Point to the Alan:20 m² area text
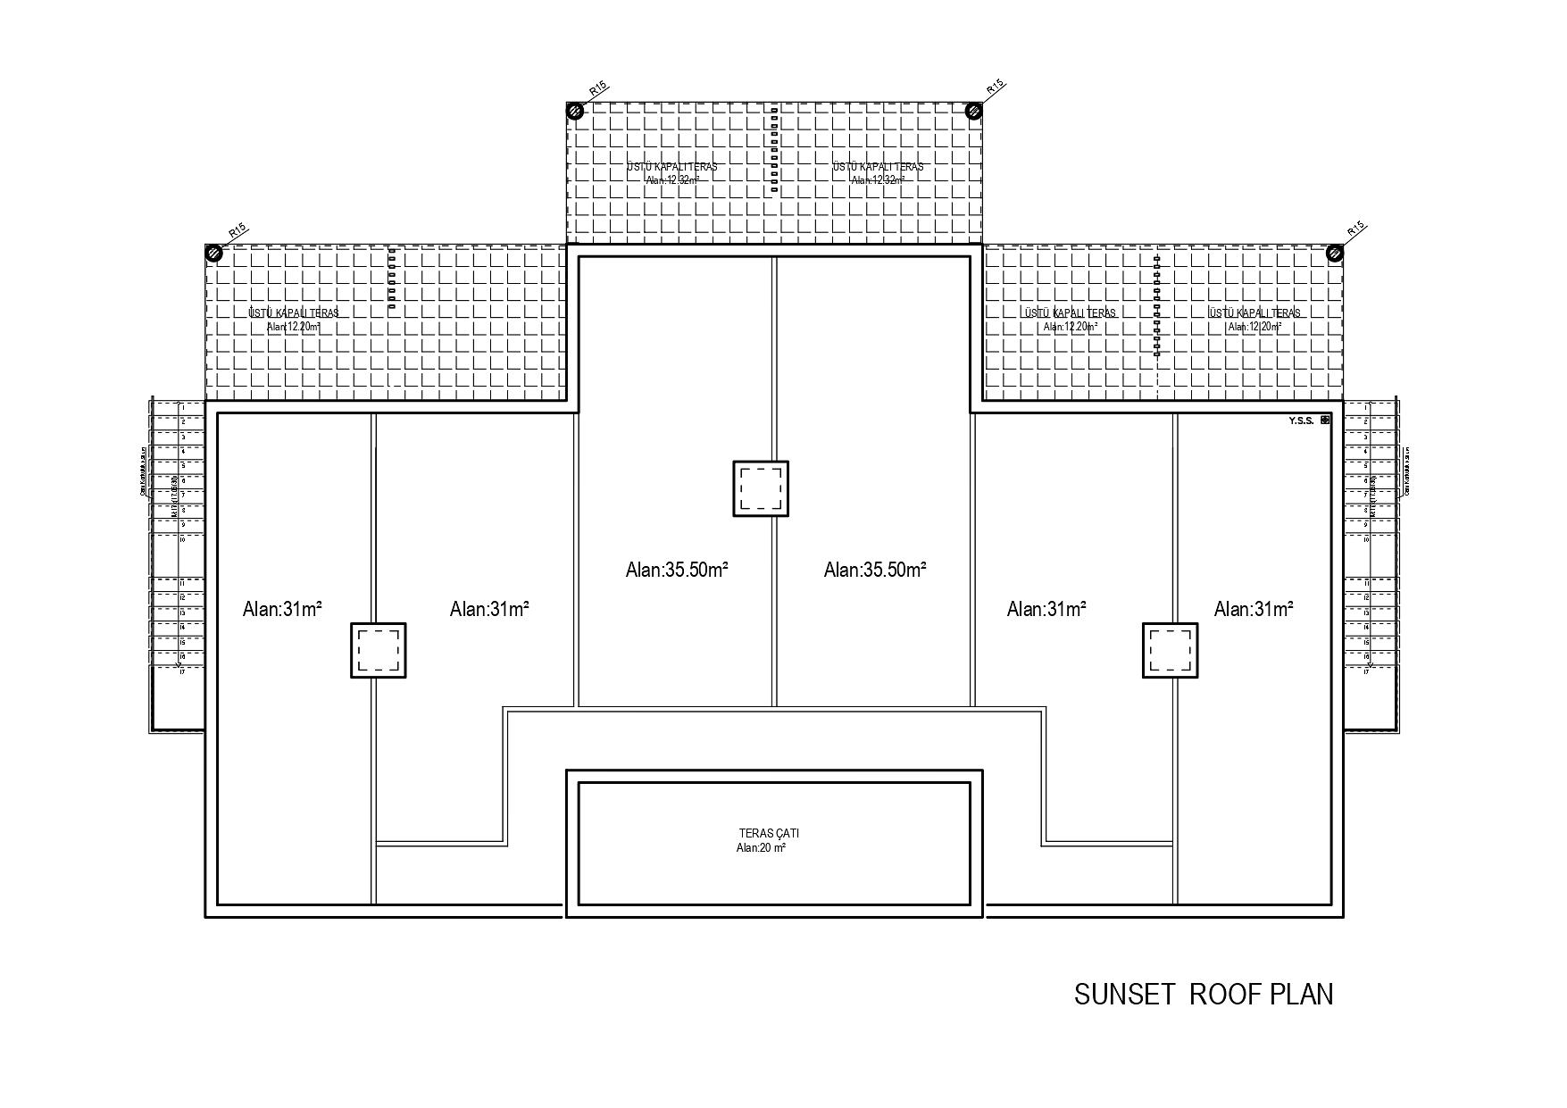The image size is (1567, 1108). tap(761, 848)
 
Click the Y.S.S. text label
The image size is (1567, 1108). tap(1301, 421)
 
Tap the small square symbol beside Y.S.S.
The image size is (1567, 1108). tap(1325, 420)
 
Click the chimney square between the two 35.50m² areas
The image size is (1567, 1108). tap(761, 488)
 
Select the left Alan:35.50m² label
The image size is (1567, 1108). tap(677, 570)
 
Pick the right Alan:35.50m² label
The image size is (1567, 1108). tap(875, 570)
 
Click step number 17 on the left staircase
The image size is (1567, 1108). tap(182, 671)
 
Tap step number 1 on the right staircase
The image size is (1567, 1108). tap(1366, 407)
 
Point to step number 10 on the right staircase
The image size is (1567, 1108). tap(1366, 539)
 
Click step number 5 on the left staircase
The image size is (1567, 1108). tap(182, 466)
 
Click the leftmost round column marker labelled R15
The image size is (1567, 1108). tap(213, 253)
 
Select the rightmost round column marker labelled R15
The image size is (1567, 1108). tap(1335, 253)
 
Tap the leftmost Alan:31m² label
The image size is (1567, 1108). tap(282, 609)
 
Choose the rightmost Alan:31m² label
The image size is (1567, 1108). tap(1254, 609)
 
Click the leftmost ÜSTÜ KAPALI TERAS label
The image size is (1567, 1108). tap(294, 313)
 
